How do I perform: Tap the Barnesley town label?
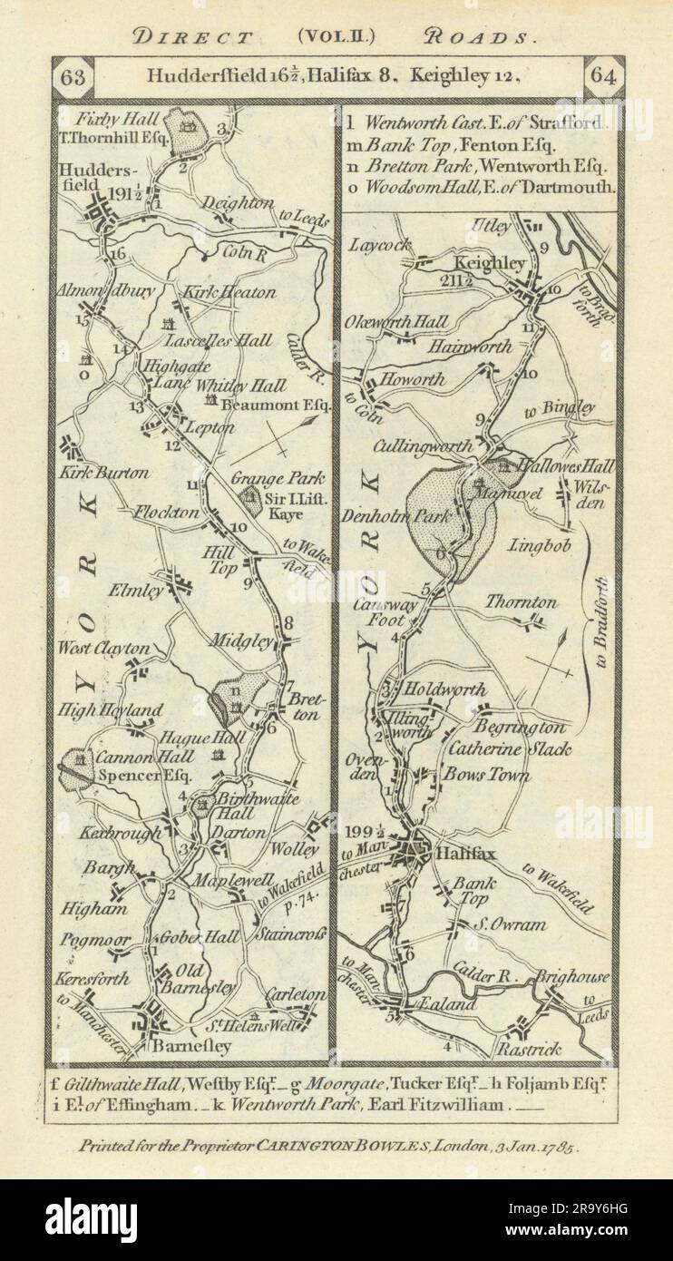tap(194, 1046)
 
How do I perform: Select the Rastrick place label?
tap(529, 1050)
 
